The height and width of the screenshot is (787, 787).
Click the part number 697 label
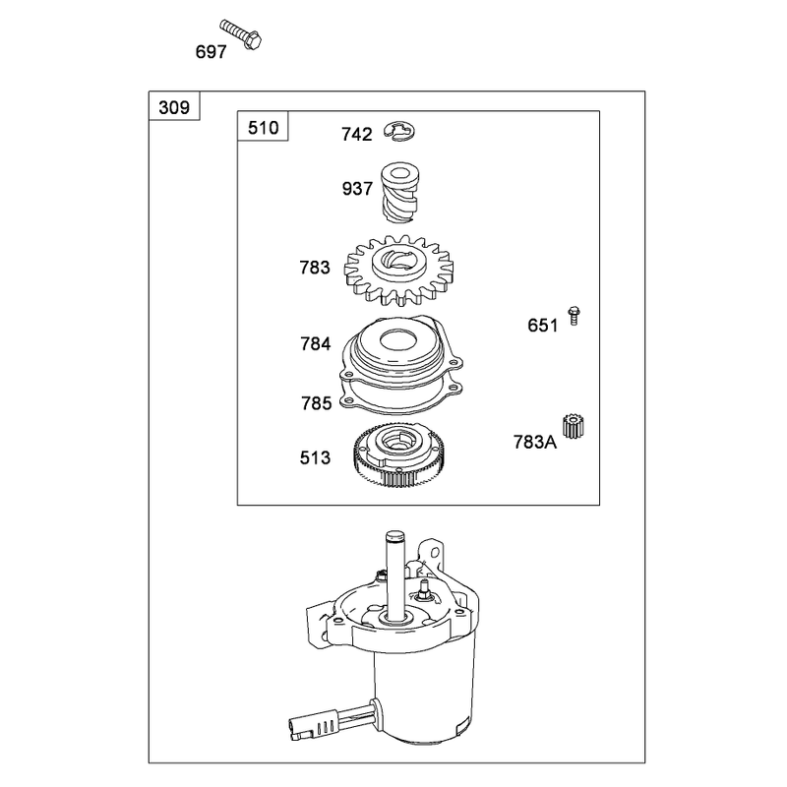tap(211, 52)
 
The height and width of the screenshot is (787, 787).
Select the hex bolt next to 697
tap(241, 33)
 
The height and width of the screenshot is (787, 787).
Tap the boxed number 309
tap(174, 107)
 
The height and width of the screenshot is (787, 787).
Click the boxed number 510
tap(263, 128)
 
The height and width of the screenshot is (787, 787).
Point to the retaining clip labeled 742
tap(399, 132)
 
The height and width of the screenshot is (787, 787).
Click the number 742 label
tap(357, 135)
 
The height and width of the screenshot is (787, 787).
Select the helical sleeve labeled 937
tap(399, 192)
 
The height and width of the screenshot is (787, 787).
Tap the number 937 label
tap(357, 189)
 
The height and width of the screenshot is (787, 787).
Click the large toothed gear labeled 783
tap(398, 271)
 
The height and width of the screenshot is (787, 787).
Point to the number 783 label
tap(315, 268)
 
